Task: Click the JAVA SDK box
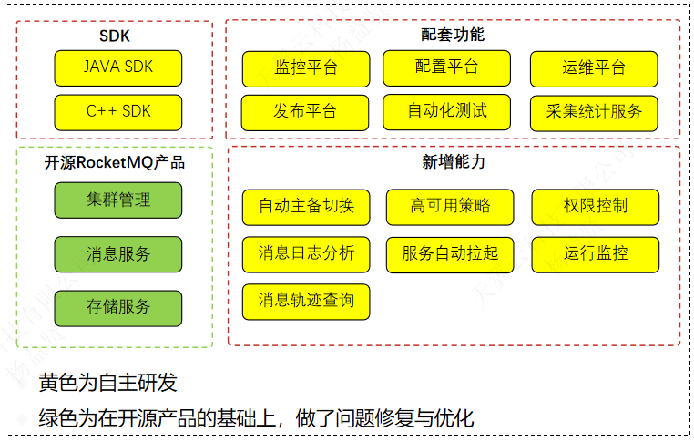point(118,67)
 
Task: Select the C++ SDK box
point(118,111)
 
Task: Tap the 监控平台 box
point(305,68)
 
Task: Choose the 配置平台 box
point(446,67)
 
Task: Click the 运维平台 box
point(594,68)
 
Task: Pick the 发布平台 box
point(305,112)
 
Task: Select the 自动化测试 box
point(446,111)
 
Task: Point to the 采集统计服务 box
point(594,112)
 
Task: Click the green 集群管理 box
point(118,200)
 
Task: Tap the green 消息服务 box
point(118,254)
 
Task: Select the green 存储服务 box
point(118,307)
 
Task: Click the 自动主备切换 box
point(306,206)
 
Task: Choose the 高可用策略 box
point(450,206)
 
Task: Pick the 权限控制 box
point(595,206)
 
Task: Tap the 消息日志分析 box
point(306,253)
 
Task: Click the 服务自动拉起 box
point(450,253)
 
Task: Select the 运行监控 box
point(595,253)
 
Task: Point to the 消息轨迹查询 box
point(306,301)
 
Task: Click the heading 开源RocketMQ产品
point(115,163)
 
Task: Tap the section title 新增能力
point(453,162)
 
